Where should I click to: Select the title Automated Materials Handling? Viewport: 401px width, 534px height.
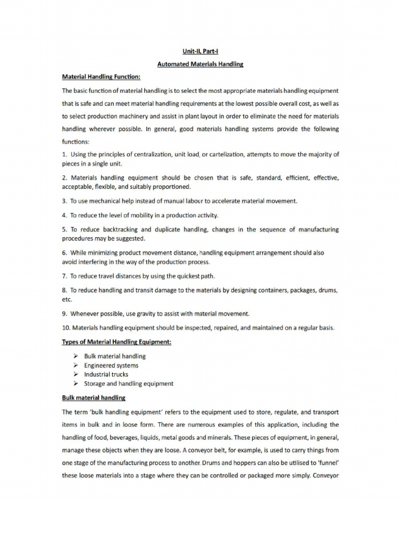tap(200, 64)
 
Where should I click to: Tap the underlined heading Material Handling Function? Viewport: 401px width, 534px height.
tap(101, 77)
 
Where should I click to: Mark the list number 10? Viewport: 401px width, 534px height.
tap(66, 328)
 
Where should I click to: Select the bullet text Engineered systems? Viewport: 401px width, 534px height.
tap(111, 366)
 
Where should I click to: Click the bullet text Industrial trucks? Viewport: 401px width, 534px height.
tap(106, 374)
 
